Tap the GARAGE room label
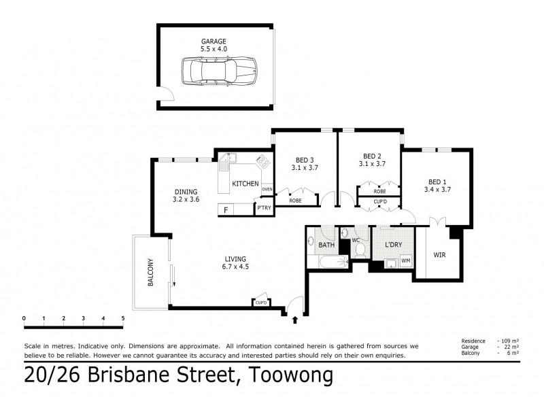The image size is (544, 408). tap(213, 41)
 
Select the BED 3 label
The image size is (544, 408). tap(305, 159)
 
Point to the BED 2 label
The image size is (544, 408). tap(372, 155)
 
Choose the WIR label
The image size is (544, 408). tap(439, 255)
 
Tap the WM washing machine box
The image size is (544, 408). tap(405, 260)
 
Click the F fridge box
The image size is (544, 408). tap(225, 209)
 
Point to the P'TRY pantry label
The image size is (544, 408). tap(263, 209)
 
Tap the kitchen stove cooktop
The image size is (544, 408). tap(261, 162)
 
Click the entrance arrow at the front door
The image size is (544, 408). tap(294, 318)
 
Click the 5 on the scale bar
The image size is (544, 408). tap(123, 318)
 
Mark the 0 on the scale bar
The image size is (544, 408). tap(24, 318)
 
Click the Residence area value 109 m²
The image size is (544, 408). tap(507, 339)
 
